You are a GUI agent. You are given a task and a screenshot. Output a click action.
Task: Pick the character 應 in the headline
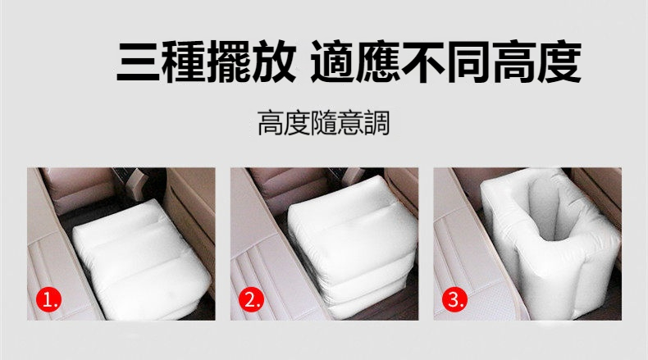click(395, 61)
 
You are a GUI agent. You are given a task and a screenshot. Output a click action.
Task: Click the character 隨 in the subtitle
click(324, 125)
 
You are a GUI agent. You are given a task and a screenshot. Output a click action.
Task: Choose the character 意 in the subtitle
click(350, 125)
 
